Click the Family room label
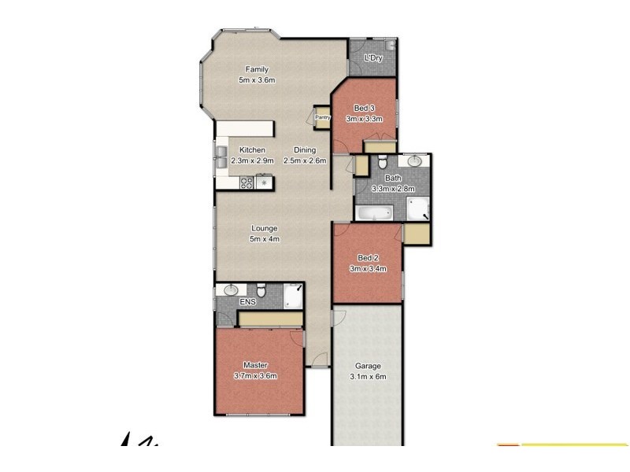point(256,69)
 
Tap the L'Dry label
point(373,58)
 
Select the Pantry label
point(323,118)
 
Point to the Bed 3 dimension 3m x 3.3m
point(364,119)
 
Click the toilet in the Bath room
point(381,163)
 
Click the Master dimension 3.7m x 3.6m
point(255,376)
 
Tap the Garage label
point(368,366)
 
